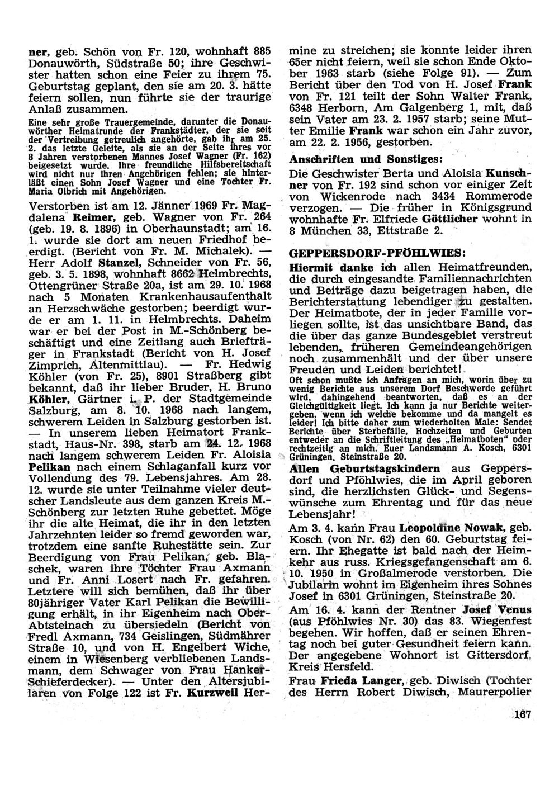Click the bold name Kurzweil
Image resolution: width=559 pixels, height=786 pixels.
213,692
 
